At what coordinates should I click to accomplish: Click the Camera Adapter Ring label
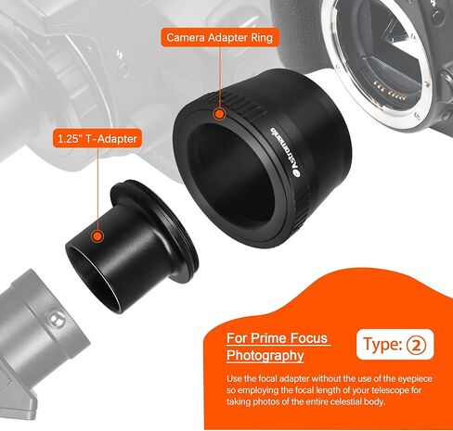220,38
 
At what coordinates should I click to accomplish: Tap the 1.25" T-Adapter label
97,139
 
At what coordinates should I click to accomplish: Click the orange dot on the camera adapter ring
219,114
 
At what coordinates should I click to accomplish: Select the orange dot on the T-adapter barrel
97,236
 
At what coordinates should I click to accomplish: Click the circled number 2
416,345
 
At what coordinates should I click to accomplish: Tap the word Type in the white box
382,344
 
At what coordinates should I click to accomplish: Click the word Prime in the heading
269,338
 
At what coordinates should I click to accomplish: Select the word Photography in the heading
265,355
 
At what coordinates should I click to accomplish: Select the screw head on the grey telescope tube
56,319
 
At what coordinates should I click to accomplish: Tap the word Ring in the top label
262,38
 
